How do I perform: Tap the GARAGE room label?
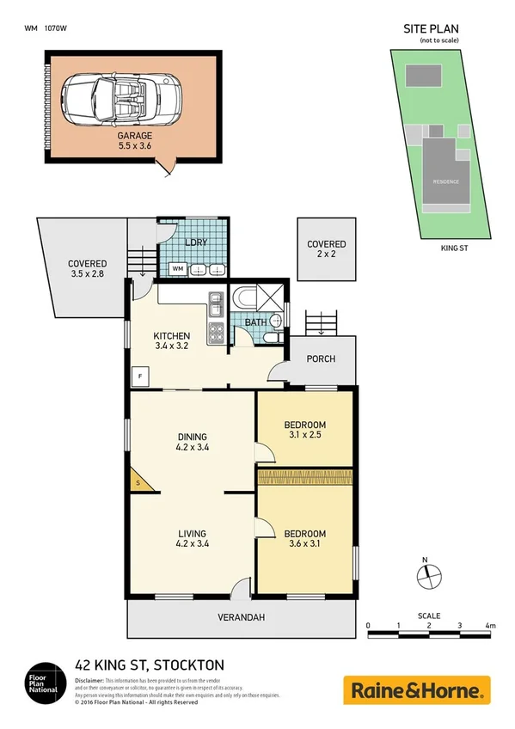(135, 136)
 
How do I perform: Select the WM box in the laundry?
(178, 269)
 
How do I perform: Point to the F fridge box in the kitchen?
(138, 376)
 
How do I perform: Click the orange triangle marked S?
(139, 483)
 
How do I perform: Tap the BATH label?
(254, 323)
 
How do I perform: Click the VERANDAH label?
(241, 617)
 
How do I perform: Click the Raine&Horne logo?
(417, 689)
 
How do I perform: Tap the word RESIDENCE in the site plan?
(445, 181)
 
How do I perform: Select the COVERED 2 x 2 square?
(327, 249)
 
